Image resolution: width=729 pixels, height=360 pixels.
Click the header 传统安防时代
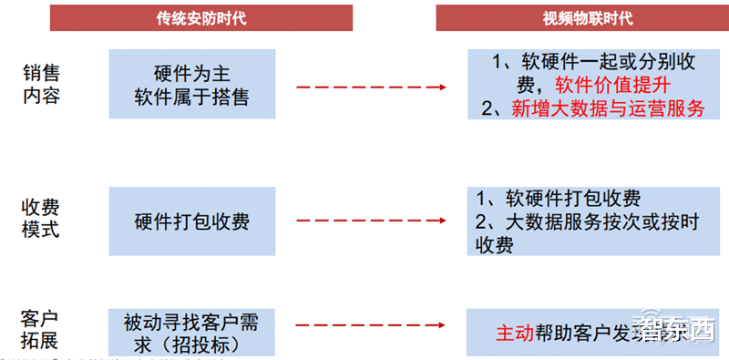(x=200, y=18)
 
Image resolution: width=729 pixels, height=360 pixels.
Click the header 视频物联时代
(x=587, y=18)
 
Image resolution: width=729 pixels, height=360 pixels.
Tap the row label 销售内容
(x=41, y=83)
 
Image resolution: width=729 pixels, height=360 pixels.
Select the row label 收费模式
(x=41, y=218)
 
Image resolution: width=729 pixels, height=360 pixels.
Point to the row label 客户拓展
(x=41, y=330)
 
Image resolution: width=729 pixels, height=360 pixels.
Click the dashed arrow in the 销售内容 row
(x=370, y=87)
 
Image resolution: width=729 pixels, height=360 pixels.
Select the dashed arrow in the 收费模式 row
(x=370, y=221)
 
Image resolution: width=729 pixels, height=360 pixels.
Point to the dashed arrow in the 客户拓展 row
(x=370, y=324)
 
